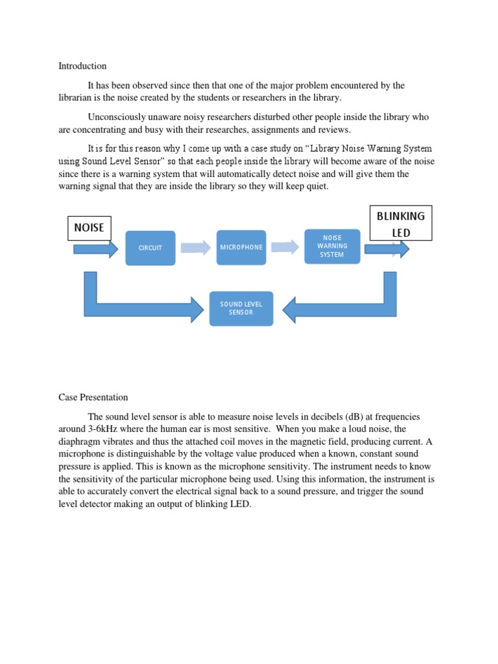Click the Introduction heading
coord(82,66)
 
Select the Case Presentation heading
coord(93,397)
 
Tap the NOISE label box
coord(89,228)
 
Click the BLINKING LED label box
coord(401,224)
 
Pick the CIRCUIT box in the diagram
coord(150,248)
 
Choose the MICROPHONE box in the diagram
coord(241,247)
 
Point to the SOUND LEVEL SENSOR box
coord(241,308)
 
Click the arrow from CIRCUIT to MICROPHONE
coord(196,247)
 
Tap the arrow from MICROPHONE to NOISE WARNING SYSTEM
coord(285,247)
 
